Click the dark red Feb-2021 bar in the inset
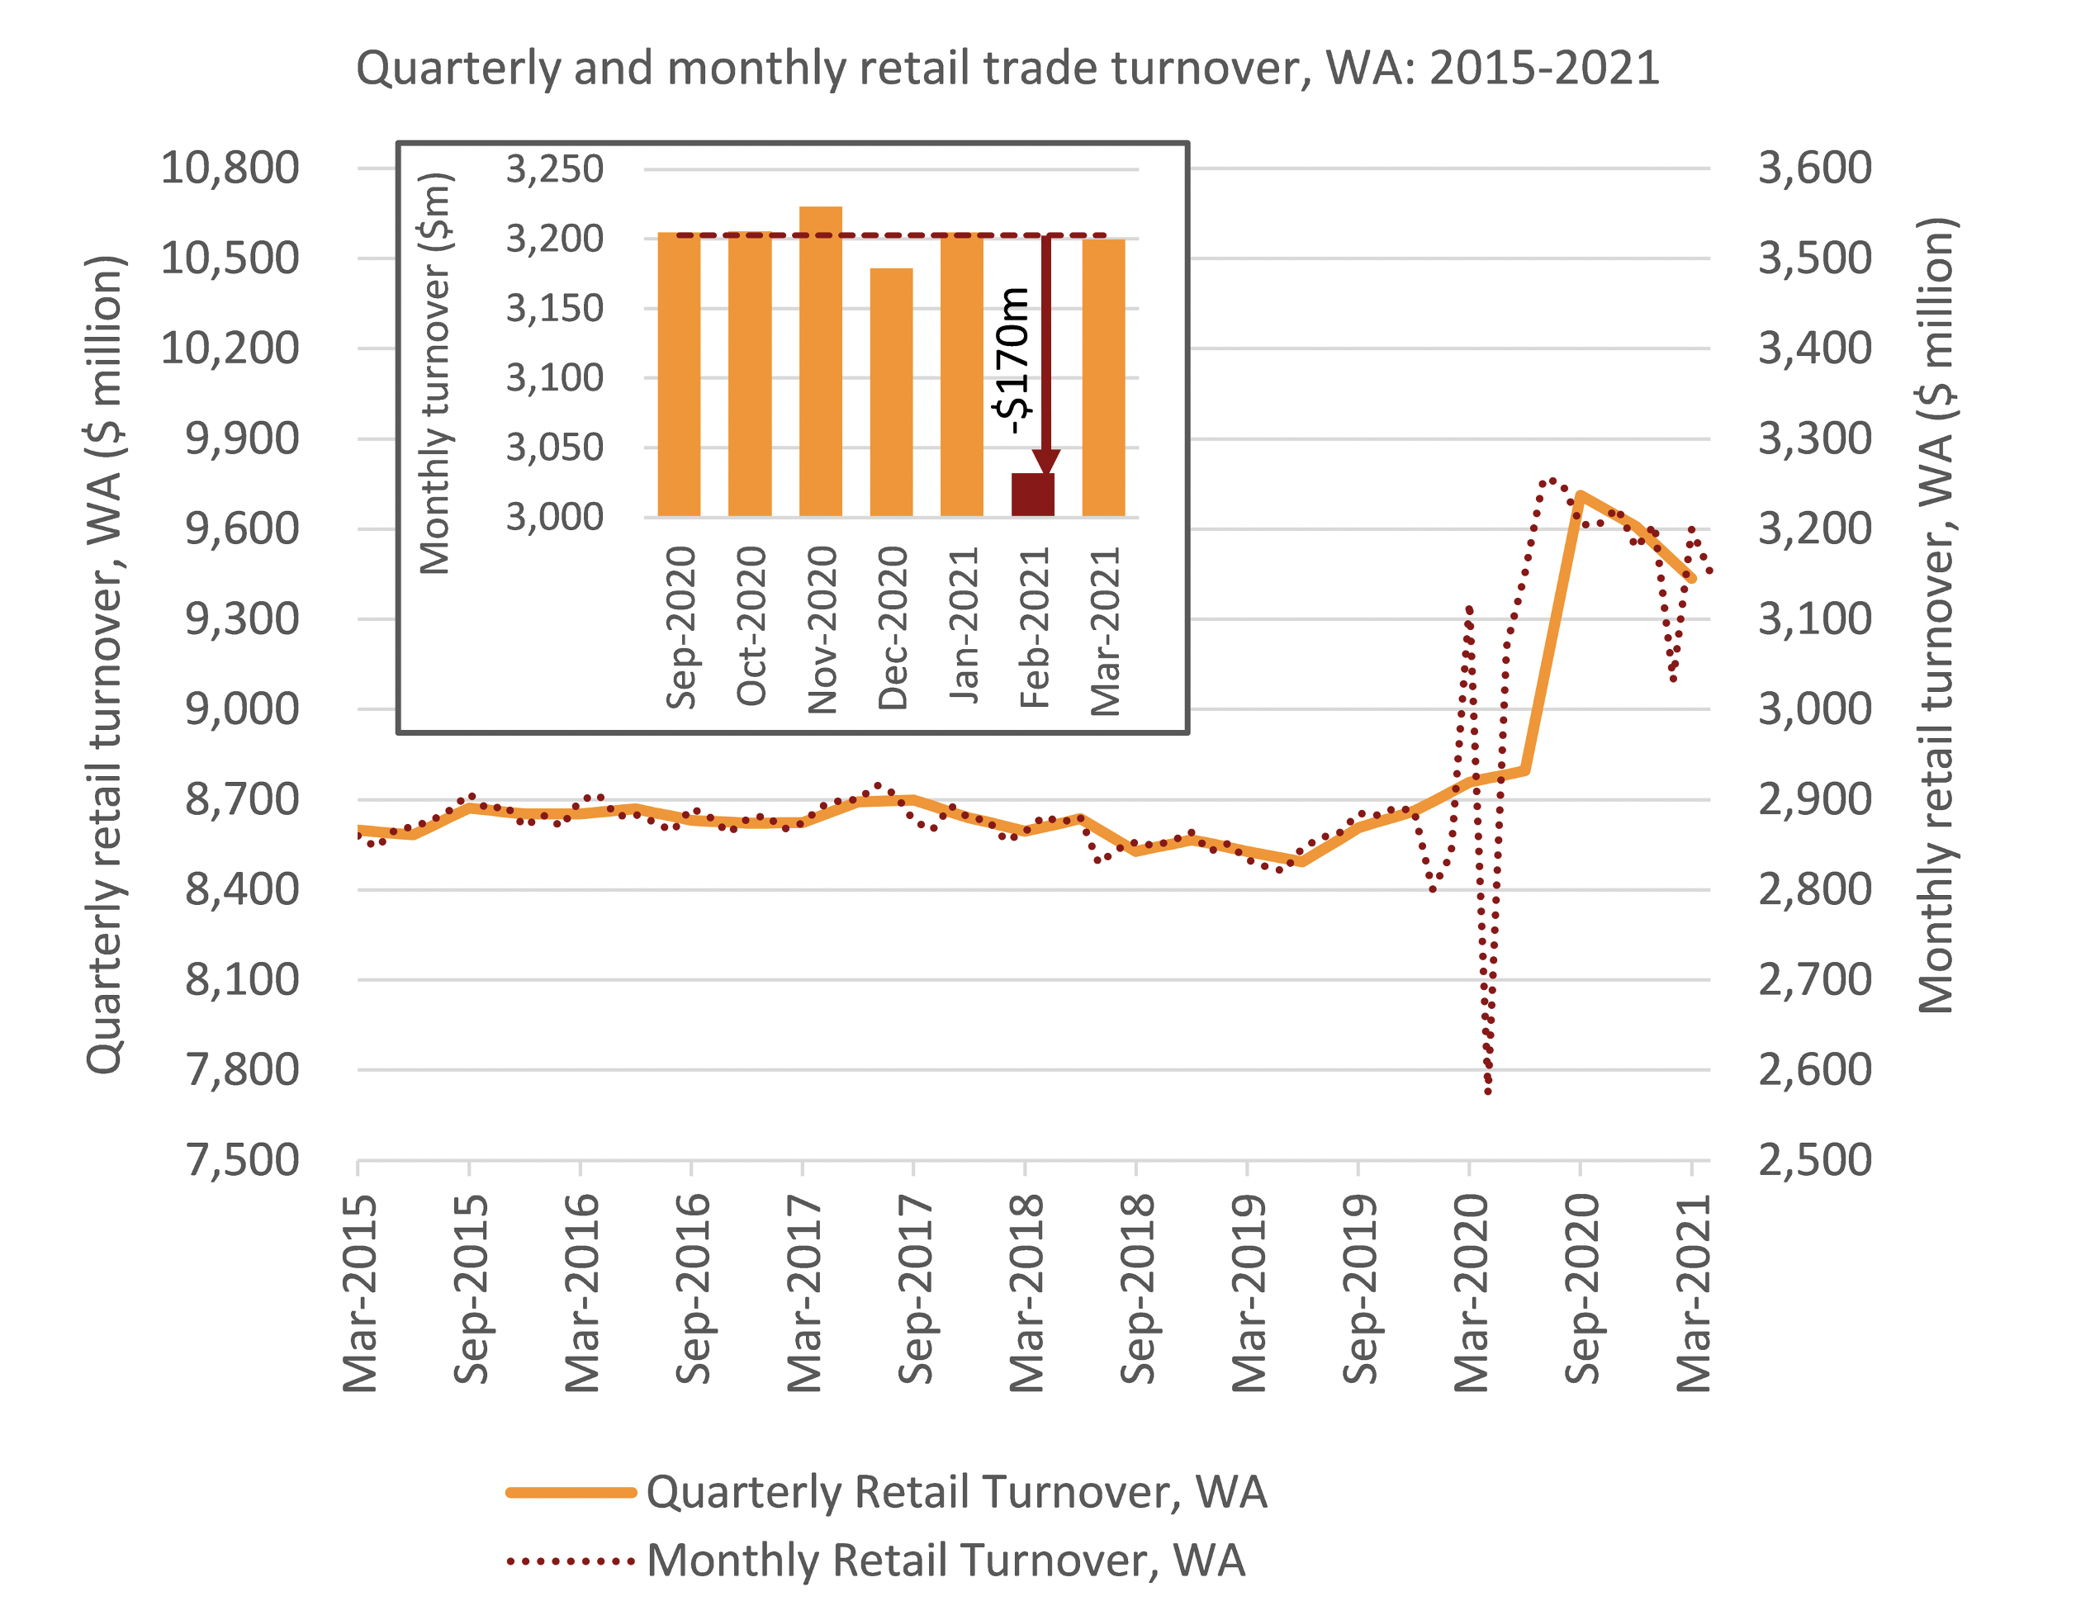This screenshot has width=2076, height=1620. pyautogui.click(x=1032, y=495)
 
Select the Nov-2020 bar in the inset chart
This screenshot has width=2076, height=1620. pyautogui.click(x=820, y=362)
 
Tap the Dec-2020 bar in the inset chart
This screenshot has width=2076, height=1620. pyautogui.click(x=891, y=391)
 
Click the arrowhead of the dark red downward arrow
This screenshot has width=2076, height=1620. pyautogui.click(x=1045, y=461)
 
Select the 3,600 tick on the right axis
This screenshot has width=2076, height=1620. pyautogui.click(x=1814, y=168)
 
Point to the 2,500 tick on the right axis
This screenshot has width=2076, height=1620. pyautogui.click(x=1814, y=1161)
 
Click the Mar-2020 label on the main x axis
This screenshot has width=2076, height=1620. pyautogui.click(x=1472, y=1294)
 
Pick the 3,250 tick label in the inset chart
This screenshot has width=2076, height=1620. pyautogui.click(x=554, y=169)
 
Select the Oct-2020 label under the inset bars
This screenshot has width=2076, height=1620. pyautogui.click(x=751, y=626)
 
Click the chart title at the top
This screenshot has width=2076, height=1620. pyautogui.click(x=1007, y=69)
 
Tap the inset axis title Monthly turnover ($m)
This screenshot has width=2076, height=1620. pyautogui.click(x=434, y=374)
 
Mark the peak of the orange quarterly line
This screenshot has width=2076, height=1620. pyautogui.click(x=1580, y=495)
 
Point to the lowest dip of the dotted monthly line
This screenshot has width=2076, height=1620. pyautogui.click(x=1487, y=1092)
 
